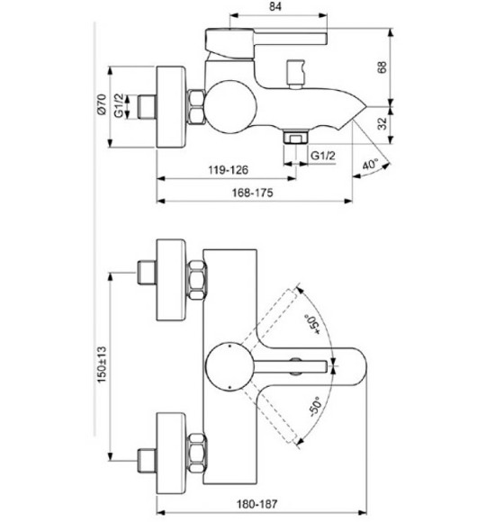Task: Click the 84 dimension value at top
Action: tap(275, 8)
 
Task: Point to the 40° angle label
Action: tap(370, 165)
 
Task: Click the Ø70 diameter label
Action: tap(102, 107)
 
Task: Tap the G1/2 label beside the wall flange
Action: tap(129, 107)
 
